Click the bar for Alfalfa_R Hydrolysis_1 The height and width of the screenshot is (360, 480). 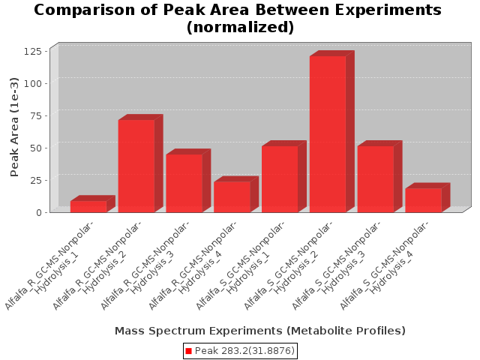pos(88,206)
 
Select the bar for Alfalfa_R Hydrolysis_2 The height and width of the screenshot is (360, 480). pos(136,166)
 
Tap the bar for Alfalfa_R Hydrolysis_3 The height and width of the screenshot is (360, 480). pos(184,183)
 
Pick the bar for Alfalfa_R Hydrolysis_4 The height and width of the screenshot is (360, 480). pos(232,196)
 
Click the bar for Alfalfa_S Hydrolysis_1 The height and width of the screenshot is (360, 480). pos(280,179)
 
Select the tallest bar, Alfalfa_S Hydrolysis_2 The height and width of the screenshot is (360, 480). pos(328,134)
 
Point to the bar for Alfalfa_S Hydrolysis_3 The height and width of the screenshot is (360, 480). pos(376,179)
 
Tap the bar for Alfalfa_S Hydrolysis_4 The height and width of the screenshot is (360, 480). pos(423,199)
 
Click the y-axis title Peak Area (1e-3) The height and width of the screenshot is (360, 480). pos(14,127)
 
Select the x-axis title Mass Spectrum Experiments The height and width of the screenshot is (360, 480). pos(259,331)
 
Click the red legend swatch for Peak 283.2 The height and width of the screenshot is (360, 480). pos(189,351)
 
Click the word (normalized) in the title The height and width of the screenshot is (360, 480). pos(240,28)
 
